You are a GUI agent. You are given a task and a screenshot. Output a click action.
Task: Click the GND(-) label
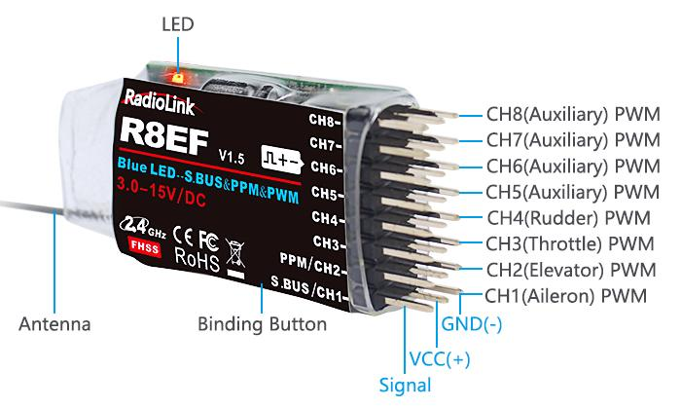(x=473, y=323)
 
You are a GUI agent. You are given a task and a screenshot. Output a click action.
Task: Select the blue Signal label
(x=406, y=385)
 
